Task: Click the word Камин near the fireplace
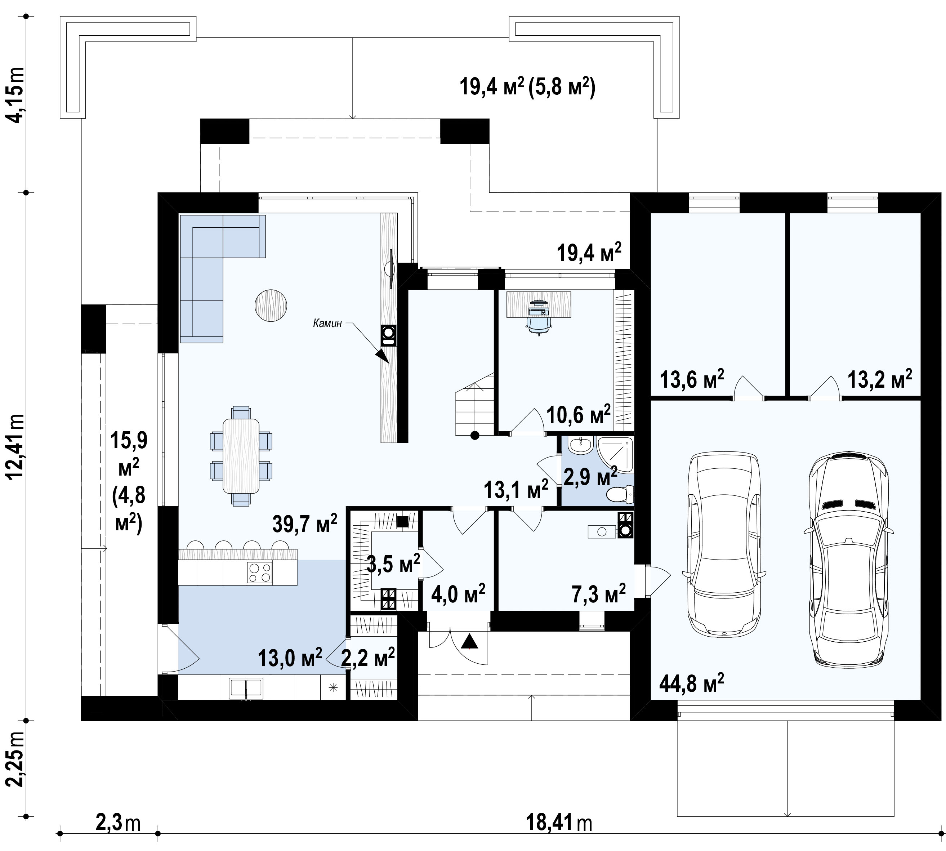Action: coord(327,323)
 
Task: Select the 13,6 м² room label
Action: coord(692,379)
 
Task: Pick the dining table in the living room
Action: coord(241,456)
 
